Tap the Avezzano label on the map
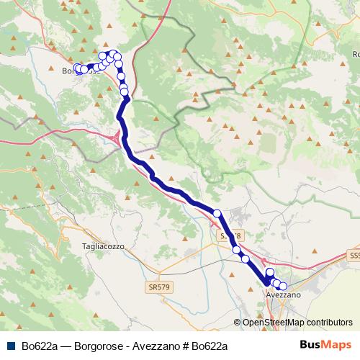click(x=283, y=296)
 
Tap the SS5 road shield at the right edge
click(x=354, y=255)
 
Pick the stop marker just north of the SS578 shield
click(x=217, y=212)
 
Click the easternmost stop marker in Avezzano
click(x=283, y=287)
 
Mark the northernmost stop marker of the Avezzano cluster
click(x=270, y=272)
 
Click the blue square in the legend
click(x=11, y=346)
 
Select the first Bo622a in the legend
click(x=40, y=346)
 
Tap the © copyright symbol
click(x=238, y=323)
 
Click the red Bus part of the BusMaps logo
click(x=310, y=345)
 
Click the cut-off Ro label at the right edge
click(x=356, y=55)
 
